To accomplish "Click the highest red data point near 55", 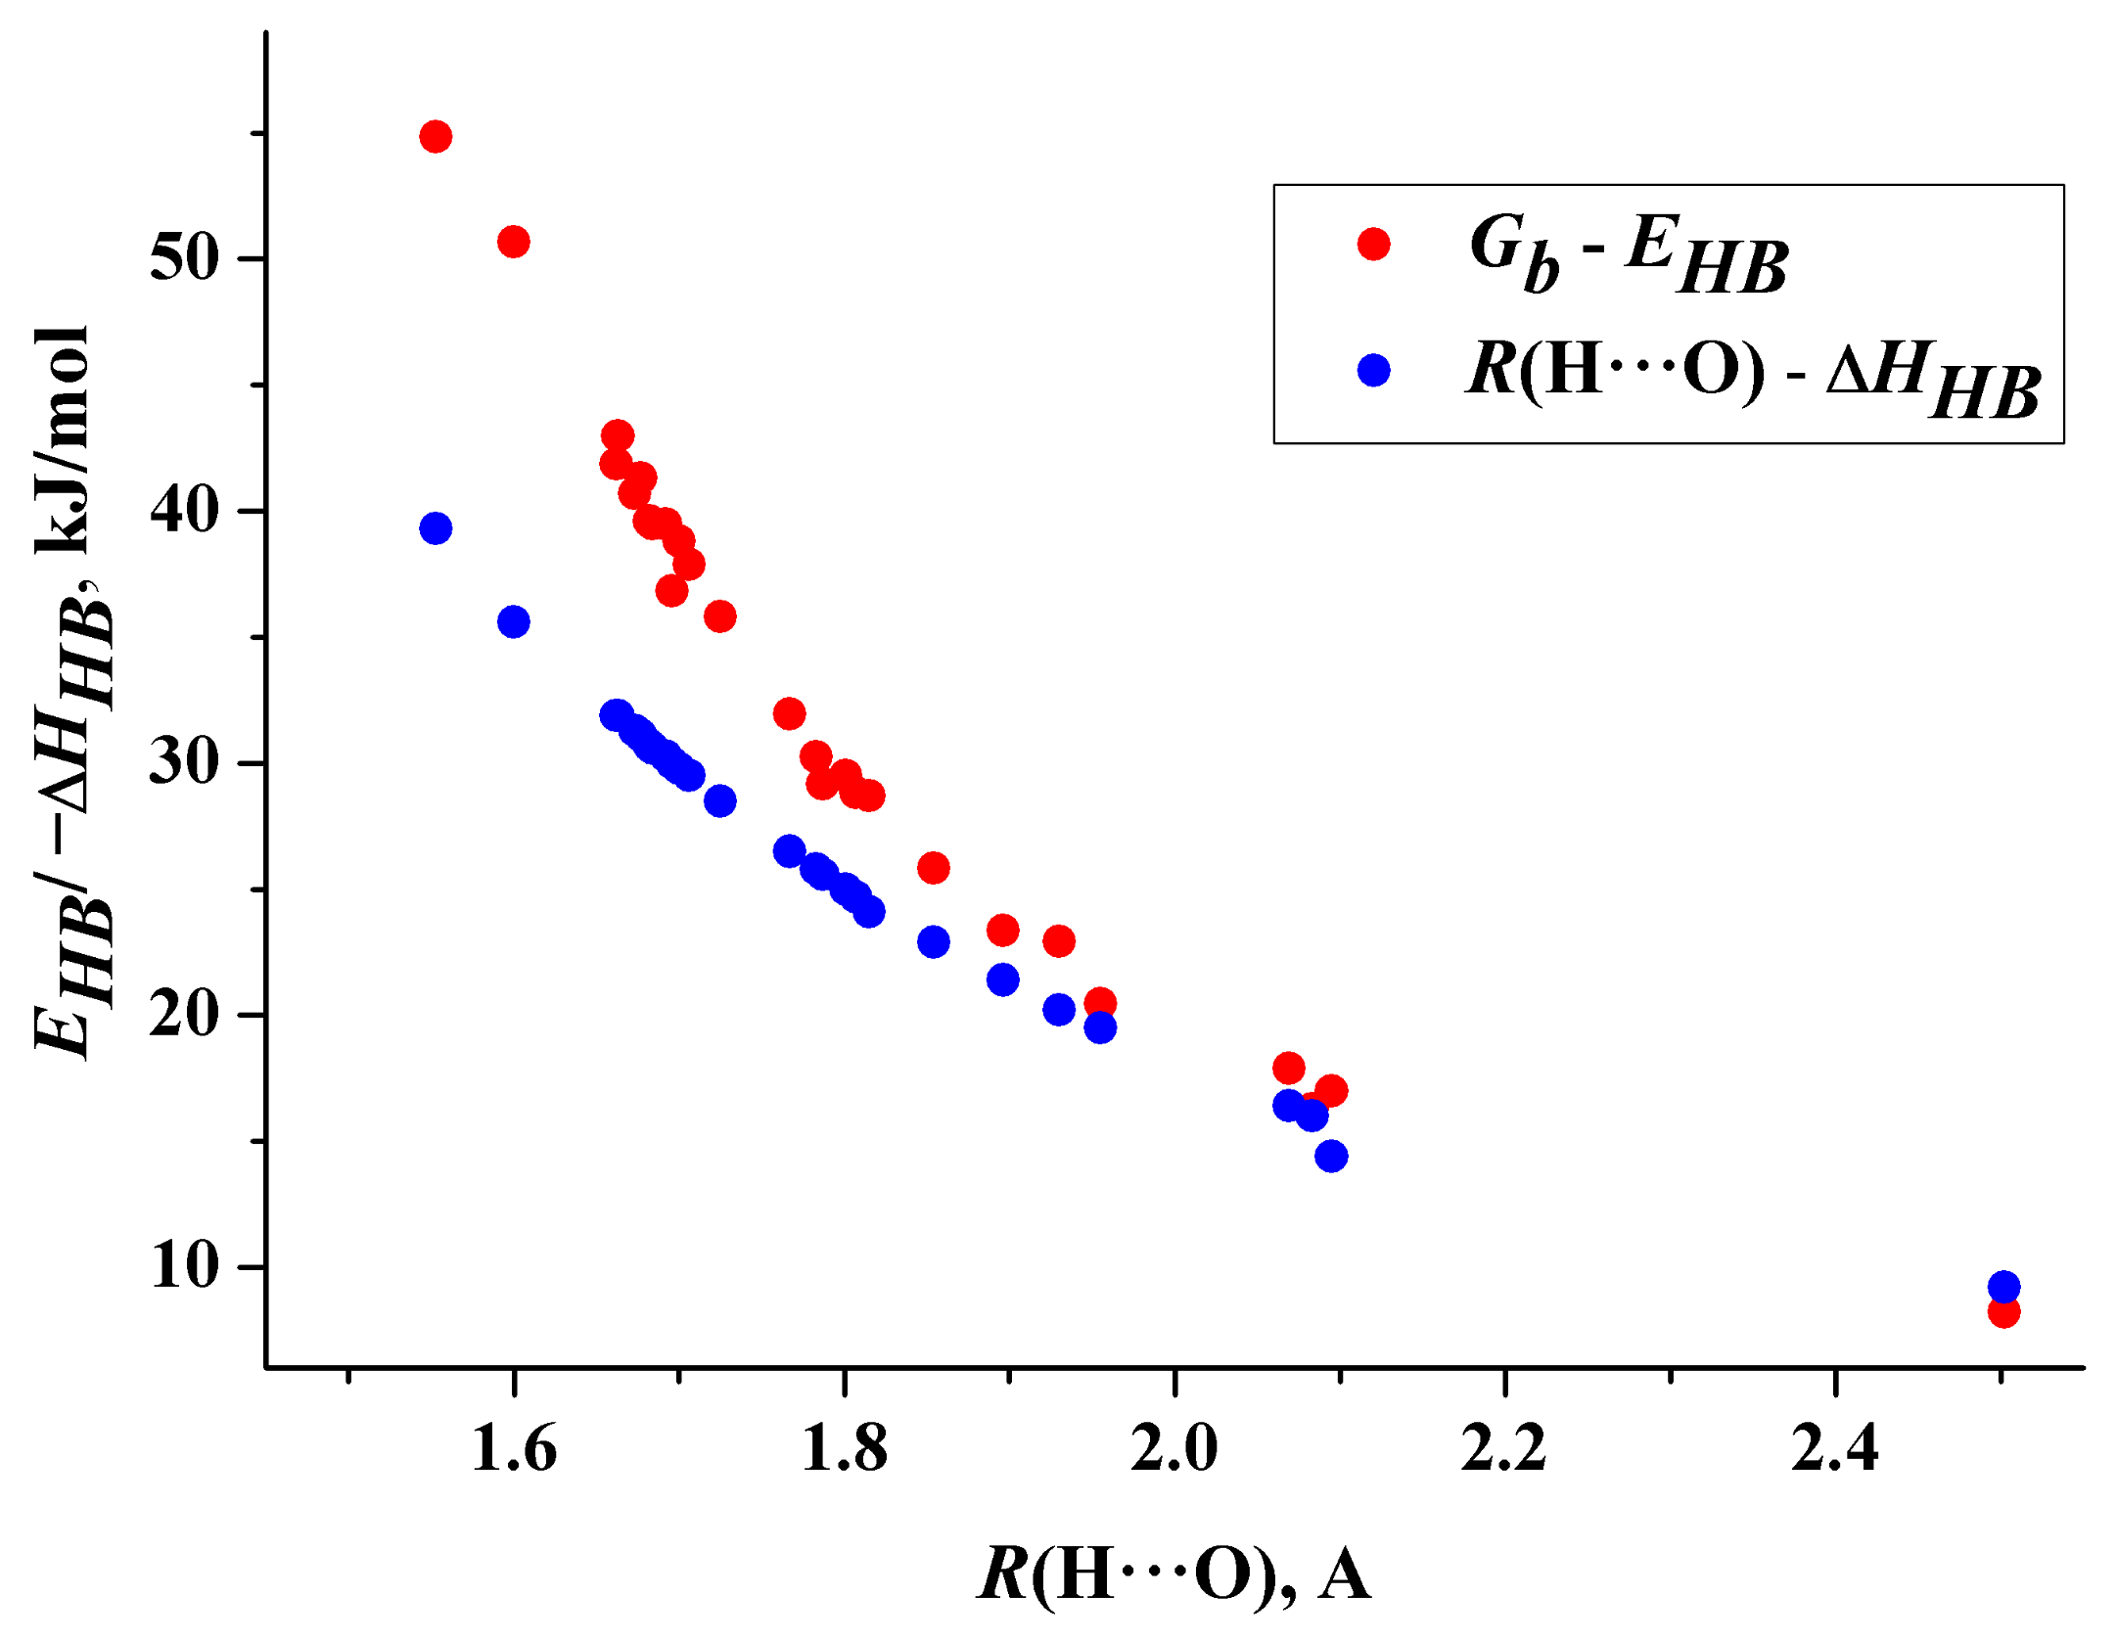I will pyautogui.click(x=436, y=137).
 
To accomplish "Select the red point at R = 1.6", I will pyautogui.click(x=514, y=242).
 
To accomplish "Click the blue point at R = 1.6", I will pyautogui.click(x=514, y=621).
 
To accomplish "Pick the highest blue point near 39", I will pyautogui.click(x=436, y=528).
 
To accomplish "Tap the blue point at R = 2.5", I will pyautogui.click(x=2003, y=1287).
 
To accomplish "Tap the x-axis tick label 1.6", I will pyautogui.click(x=514, y=1449).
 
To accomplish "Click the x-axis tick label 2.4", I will pyautogui.click(x=1834, y=1449).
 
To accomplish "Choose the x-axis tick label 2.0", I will pyautogui.click(x=1174, y=1449).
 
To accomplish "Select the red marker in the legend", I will pyautogui.click(x=1374, y=244).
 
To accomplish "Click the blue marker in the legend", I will pyautogui.click(x=1374, y=370).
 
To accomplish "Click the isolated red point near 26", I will pyautogui.click(x=934, y=868).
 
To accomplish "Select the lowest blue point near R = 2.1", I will pyautogui.click(x=1331, y=1157).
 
